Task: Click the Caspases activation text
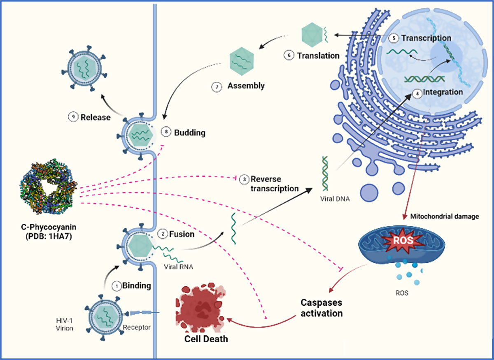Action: pyautogui.click(x=321, y=308)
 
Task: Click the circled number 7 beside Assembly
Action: pyautogui.click(x=217, y=86)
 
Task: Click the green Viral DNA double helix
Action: pyautogui.click(x=326, y=175)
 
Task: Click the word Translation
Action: pyautogui.click(x=318, y=55)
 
